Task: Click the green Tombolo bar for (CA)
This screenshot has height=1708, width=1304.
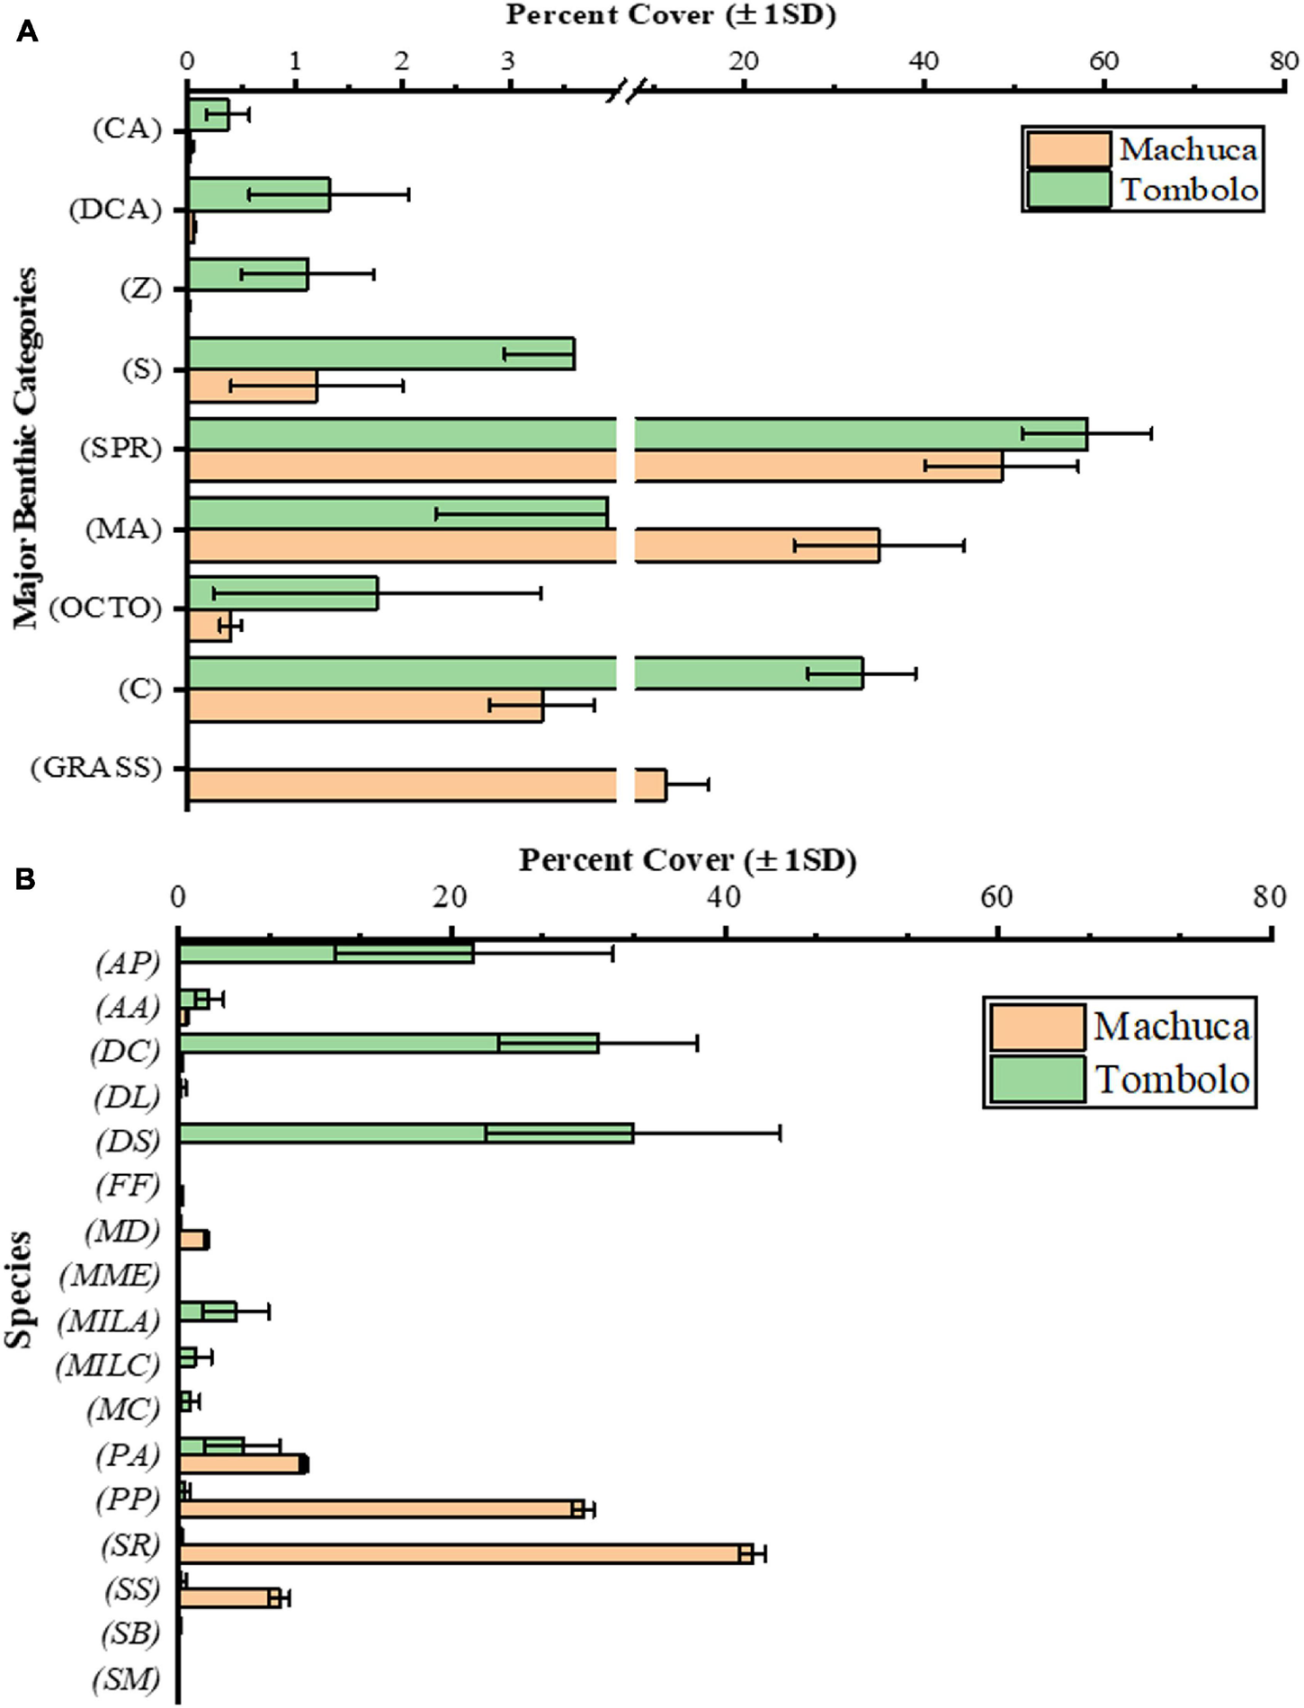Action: coord(209,115)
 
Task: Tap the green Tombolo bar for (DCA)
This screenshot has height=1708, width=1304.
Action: coord(259,194)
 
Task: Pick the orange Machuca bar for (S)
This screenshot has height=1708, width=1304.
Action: coord(253,386)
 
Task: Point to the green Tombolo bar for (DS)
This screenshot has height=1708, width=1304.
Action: coord(406,1133)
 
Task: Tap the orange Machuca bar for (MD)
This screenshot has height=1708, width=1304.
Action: coord(193,1241)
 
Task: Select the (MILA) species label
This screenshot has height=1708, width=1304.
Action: coord(108,1321)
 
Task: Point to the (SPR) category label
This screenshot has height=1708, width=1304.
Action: coord(121,449)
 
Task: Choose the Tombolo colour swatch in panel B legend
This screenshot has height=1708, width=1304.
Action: coord(1037,1079)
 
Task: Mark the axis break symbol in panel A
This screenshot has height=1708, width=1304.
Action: coord(627,92)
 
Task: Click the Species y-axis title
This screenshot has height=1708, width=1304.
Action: coord(19,1289)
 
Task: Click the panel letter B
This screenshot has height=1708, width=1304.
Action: coord(24,878)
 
